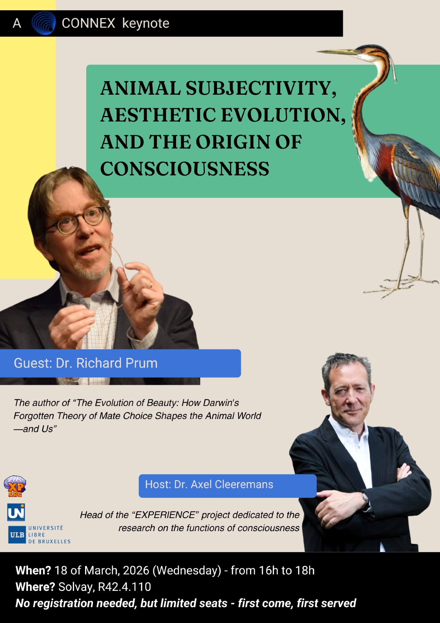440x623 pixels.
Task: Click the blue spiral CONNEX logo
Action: point(44,23)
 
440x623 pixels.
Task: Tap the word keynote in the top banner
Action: point(146,24)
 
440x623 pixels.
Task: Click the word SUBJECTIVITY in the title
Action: point(261,88)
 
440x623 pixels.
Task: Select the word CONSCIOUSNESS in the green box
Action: point(185,169)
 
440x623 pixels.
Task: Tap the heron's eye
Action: point(365,50)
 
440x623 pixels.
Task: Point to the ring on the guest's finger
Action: point(151,284)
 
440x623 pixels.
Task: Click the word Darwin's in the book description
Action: point(221,403)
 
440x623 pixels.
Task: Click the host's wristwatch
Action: point(365,497)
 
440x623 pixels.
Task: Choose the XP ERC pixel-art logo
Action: point(15,486)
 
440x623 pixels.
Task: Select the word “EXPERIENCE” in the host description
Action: point(165,515)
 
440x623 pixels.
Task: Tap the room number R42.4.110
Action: point(125,587)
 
